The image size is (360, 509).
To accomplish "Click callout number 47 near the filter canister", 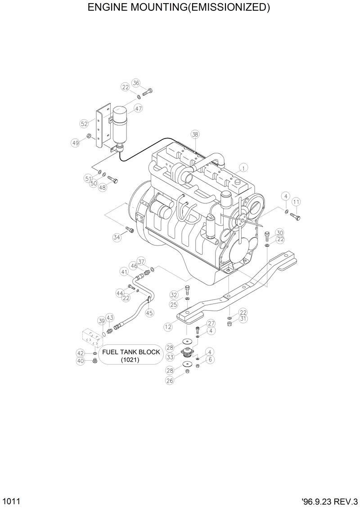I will click(x=138, y=108).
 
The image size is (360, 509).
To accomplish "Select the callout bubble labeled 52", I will click(x=84, y=124).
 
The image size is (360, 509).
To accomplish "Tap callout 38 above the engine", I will click(x=195, y=134).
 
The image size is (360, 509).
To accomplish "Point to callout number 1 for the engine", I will click(x=243, y=168).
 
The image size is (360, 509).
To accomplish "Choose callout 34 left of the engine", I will click(x=117, y=237).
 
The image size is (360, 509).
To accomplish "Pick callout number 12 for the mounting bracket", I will click(x=168, y=327).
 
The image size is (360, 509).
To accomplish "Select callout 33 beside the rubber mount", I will click(x=170, y=357).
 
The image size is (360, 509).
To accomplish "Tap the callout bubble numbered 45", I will click(x=149, y=313).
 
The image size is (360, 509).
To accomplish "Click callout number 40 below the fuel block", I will click(x=81, y=361).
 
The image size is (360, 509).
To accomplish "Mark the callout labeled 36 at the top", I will click(x=136, y=83).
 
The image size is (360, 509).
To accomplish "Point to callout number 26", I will click(x=170, y=380).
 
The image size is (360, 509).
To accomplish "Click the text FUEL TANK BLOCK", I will click(x=130, y=352).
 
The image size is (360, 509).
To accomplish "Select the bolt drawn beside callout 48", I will click(x=113, y=180).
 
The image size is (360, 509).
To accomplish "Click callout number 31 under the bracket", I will click(x=243, y=319).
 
